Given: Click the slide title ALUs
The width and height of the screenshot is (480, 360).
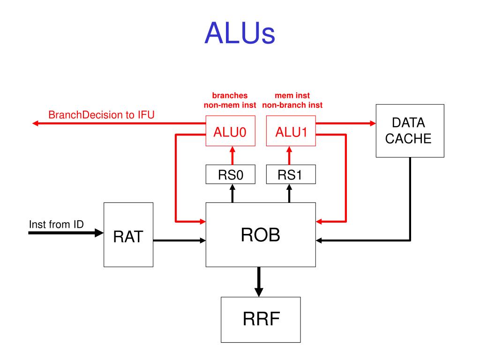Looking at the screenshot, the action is click(240, 33).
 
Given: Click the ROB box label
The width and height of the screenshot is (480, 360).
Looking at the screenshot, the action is click(261, 235).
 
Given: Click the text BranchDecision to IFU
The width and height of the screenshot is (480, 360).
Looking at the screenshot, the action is click(101, 115).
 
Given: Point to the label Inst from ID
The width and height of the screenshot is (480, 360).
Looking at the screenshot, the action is click(56, 225).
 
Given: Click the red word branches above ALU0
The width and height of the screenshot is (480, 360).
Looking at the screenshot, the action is click(230, 96).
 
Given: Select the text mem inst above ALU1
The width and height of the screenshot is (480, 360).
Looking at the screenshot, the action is click(292, 96).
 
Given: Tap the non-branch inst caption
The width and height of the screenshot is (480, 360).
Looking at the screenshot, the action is click(292, 105).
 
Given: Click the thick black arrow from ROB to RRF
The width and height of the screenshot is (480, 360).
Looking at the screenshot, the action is click(259, 282).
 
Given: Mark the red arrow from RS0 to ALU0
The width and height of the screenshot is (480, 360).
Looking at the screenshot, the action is click(232, 156).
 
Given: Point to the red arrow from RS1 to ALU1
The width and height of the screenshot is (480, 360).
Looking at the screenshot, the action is click(289, 156).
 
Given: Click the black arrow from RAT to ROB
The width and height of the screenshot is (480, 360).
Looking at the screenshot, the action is click(180, 240).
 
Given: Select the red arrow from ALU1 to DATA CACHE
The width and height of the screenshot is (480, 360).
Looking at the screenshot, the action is click(346, 123).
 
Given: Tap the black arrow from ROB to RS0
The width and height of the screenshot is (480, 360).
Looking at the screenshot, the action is click(232, 193).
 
